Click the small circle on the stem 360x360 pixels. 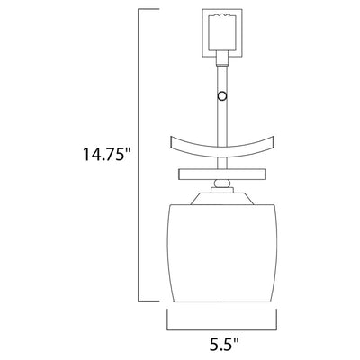pos(222,96)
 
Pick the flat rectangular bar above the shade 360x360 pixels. pos(222,175)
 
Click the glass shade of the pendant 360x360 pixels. pos(222,254)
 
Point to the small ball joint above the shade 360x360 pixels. pos(222,184)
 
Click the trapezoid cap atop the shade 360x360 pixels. pos(222,199)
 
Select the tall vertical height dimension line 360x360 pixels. pos(139,156)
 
